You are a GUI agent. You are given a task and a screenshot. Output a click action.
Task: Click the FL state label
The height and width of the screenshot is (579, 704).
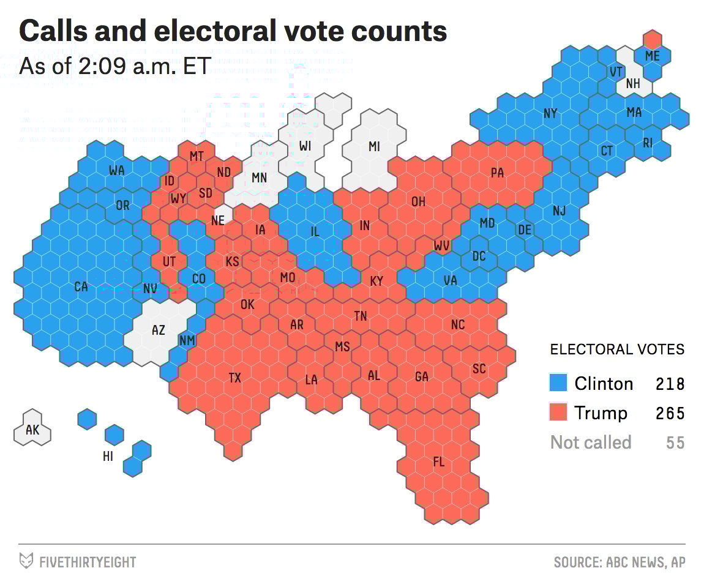(438, 462)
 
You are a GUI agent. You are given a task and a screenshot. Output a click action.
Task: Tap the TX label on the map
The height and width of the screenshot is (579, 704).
(235, 378)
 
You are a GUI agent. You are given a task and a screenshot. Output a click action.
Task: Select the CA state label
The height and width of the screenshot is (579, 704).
(81, 286)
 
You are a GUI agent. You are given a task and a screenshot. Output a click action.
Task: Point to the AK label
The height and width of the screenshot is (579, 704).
(32, 430)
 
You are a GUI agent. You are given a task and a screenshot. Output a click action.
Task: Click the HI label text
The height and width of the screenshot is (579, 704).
(108, 456)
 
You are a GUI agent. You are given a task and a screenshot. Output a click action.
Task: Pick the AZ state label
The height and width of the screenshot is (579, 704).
(158, 331)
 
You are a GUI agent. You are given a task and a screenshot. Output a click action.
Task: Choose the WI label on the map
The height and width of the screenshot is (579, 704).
(305, 146)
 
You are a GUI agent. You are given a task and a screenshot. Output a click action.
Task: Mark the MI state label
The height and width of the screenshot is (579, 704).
(374, 146)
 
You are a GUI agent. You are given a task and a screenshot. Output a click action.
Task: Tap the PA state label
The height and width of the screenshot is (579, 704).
(497, 173)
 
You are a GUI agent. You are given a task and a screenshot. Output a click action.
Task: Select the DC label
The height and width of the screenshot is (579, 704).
(479, 256)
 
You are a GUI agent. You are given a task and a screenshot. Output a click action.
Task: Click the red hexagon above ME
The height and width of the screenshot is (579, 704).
(653, 39)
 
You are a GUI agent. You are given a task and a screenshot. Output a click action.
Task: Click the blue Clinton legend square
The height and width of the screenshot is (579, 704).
(558, 383)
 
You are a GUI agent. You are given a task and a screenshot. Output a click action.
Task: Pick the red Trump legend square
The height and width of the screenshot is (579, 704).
(558, 413)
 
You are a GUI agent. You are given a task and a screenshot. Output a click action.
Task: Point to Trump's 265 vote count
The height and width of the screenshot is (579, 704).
(670, 414)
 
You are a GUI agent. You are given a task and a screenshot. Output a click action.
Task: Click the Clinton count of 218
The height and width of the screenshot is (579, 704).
(670, 384)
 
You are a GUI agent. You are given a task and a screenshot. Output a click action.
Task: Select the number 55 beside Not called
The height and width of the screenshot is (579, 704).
(675, 443)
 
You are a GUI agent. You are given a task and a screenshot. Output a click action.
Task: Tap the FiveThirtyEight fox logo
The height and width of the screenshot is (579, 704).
(26, 561)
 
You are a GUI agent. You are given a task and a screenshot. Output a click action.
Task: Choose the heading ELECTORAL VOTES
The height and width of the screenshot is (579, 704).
(617, 349)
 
